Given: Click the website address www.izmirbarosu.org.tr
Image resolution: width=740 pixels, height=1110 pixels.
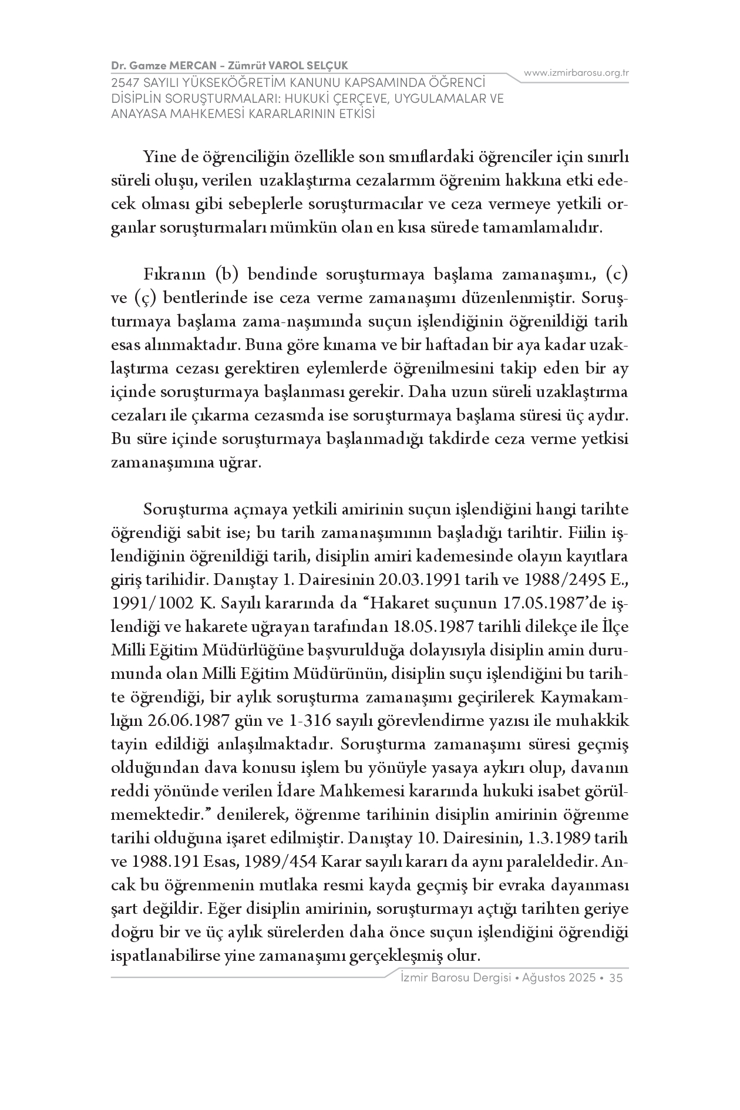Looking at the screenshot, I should tap(576, 73).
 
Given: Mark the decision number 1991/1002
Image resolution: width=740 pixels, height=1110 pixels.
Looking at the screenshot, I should tap(153, 603).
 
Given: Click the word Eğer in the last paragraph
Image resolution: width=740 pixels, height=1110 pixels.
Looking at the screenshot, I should tap(223, 909).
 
